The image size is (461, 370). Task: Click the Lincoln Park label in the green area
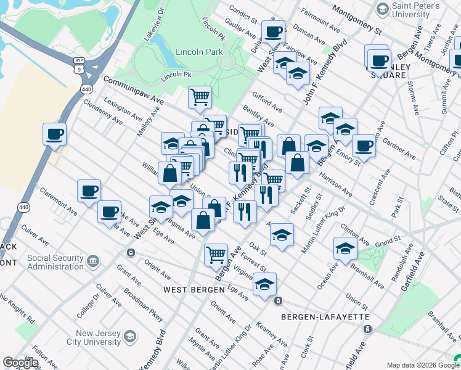tap(198, 52)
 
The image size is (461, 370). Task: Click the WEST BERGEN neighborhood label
tap(194, 289)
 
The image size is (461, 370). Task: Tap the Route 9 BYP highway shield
tap(79, 60)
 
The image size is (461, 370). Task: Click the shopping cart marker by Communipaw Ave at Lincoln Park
tap(200, 96)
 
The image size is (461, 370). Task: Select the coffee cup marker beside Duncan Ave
tap(272, 31)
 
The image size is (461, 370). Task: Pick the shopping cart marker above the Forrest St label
tap(216, 253)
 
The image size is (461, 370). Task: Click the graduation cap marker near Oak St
tap(282, 234)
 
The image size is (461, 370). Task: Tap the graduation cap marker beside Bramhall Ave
tap(345, 248)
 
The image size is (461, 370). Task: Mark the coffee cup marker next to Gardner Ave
tap(364, 146)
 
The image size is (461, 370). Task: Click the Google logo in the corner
tap(20, 363)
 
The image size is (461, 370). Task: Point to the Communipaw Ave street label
tap(133, 90)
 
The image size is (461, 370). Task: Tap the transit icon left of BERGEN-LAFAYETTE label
tap(279, 301)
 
